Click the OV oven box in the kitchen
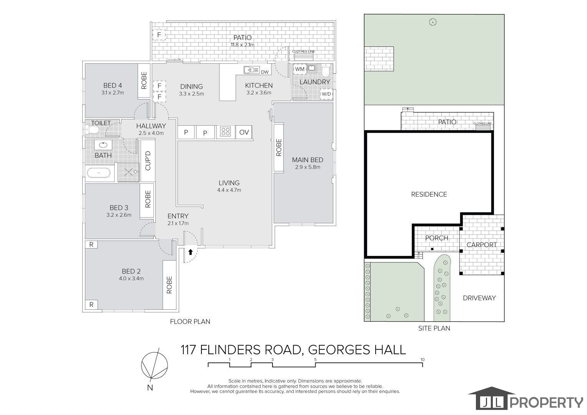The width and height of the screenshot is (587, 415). tap(244, 132)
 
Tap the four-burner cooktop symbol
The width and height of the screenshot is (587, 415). tap(225, 132)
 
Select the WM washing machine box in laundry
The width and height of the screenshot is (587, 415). tap(299, 69)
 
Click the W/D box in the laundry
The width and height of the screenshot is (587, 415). tap(326, 94)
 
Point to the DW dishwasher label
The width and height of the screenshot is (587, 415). tap(265, 72)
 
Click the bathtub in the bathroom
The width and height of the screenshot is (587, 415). tap(99, 173)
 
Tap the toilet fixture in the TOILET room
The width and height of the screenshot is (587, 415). tap(92, 129)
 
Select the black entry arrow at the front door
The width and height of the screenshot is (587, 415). tap(191, 252)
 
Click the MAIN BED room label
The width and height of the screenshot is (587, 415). tap(308, 160)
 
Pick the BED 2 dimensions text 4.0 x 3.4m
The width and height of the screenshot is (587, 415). tap(131, 279)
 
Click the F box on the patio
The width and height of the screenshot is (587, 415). tap(159, 35)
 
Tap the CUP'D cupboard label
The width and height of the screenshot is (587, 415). tap(148, 161)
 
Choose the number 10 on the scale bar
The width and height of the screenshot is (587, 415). tap(422, 359)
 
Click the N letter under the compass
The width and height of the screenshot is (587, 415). tap(150, 387)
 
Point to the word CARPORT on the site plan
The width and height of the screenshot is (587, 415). tap(482, 245)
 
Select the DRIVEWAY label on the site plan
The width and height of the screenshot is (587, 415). tap(479, 298)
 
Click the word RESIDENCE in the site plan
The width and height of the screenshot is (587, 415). tap(429, 194)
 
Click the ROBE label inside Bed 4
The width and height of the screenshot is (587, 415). tap(144, 81)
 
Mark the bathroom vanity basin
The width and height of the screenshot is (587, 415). tap(103, 145)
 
